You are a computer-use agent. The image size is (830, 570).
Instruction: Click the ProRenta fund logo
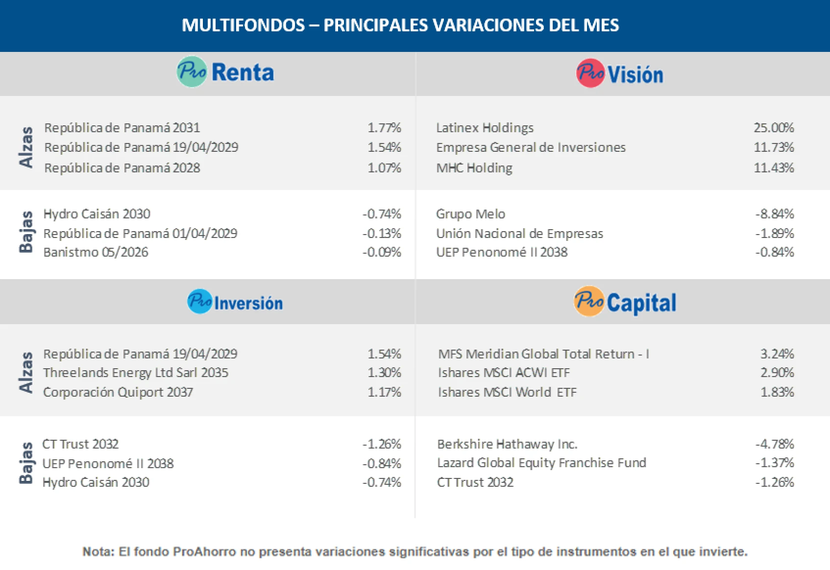225,72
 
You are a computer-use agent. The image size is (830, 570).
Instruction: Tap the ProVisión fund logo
619,73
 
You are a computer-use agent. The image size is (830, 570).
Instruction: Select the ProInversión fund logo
235,302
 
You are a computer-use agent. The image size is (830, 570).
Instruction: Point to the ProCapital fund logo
625,302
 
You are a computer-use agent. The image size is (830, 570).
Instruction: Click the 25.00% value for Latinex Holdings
773,128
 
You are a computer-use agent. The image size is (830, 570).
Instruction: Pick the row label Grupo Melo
470,214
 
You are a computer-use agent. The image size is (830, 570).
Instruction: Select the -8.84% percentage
774,214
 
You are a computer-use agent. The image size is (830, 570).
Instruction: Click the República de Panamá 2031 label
122,128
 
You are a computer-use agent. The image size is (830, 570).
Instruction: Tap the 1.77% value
384,128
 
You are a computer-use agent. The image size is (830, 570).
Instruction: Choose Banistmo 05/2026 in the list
96,252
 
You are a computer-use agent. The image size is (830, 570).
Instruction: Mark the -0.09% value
382,252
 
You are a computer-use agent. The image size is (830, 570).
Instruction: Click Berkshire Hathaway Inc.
507,444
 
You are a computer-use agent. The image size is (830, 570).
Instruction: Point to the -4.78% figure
774,444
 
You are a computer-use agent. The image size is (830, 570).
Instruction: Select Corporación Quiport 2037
118,392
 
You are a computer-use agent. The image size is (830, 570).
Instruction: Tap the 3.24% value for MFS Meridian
777,354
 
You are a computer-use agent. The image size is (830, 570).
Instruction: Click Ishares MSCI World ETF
507,392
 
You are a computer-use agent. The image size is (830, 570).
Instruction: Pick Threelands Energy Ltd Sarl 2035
135,373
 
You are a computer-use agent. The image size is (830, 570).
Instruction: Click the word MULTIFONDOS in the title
243,25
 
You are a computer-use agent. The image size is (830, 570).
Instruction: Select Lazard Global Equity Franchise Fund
541,463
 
